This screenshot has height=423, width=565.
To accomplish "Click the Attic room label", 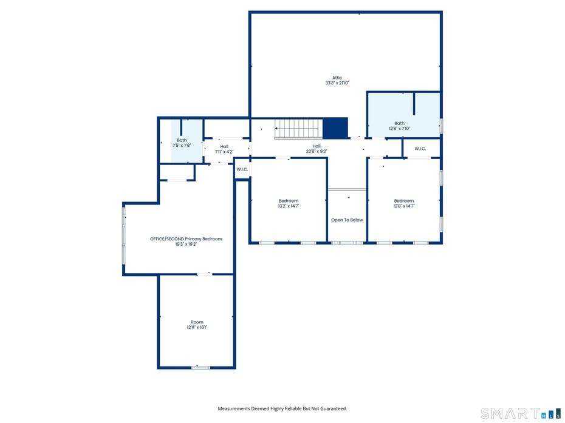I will point(337,80).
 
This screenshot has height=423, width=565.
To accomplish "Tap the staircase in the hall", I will point(297,129).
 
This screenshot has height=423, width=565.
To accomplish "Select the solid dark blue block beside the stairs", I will point(335,128).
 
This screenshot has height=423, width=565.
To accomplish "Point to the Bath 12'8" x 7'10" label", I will point(399,126).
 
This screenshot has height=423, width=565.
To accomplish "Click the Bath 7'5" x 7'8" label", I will point(182,143).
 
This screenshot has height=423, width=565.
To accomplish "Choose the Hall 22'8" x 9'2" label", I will point(317,149).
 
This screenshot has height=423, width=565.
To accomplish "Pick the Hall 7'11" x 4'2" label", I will point(224,149).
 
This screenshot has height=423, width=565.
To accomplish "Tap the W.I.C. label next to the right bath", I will point(420,149).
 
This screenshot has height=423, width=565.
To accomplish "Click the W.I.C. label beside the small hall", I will point(242,169).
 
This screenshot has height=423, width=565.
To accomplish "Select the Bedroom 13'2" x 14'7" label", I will point(289,203).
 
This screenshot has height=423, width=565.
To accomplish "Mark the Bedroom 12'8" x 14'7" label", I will point(403,203).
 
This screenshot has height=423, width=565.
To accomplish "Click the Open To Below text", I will point(347,220).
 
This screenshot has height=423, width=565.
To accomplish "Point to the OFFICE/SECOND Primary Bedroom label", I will point(186,241).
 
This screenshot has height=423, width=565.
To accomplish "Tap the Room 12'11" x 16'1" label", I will point(197,325).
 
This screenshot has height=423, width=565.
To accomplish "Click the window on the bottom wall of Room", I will point(200,367).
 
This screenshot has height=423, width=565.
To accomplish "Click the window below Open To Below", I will point(347,243).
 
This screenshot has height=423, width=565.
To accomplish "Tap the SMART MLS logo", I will point(519,413).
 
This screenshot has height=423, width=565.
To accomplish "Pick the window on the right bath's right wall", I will point(441,126).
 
